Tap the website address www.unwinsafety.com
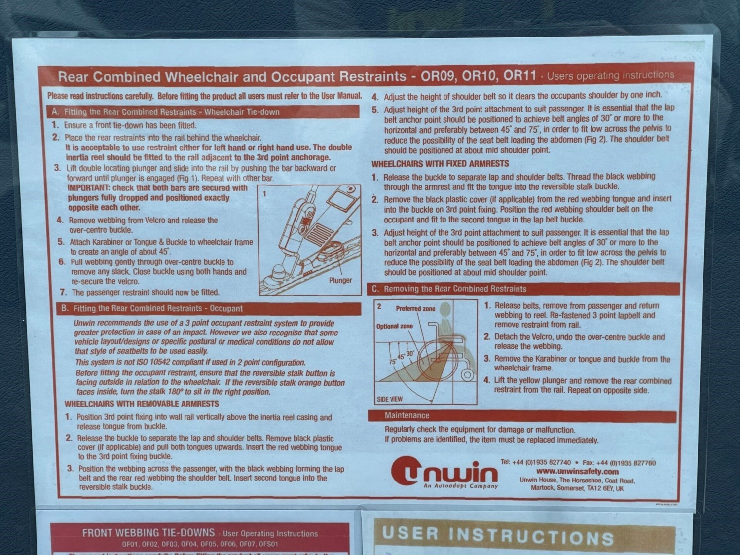point(577,472)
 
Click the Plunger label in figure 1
point(340,280)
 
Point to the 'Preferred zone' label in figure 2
point(415,309)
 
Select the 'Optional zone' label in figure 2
point(395,326)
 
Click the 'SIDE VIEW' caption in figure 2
point(390,399)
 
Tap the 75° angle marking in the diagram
point(392,361)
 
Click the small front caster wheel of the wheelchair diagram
point(467,375)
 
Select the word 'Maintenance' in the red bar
point(407,415)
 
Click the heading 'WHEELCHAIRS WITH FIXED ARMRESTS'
point(440,164)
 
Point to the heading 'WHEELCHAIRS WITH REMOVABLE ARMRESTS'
point(142,404)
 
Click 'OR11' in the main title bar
point(519,75)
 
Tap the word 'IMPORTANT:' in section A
point(89,187)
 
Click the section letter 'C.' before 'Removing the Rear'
point(375,289)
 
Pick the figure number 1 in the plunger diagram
point(264,194)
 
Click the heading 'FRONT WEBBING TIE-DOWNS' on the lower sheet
point(148,532)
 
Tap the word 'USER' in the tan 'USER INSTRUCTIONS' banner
point(410,533)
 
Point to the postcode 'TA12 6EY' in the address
point(600,488)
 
